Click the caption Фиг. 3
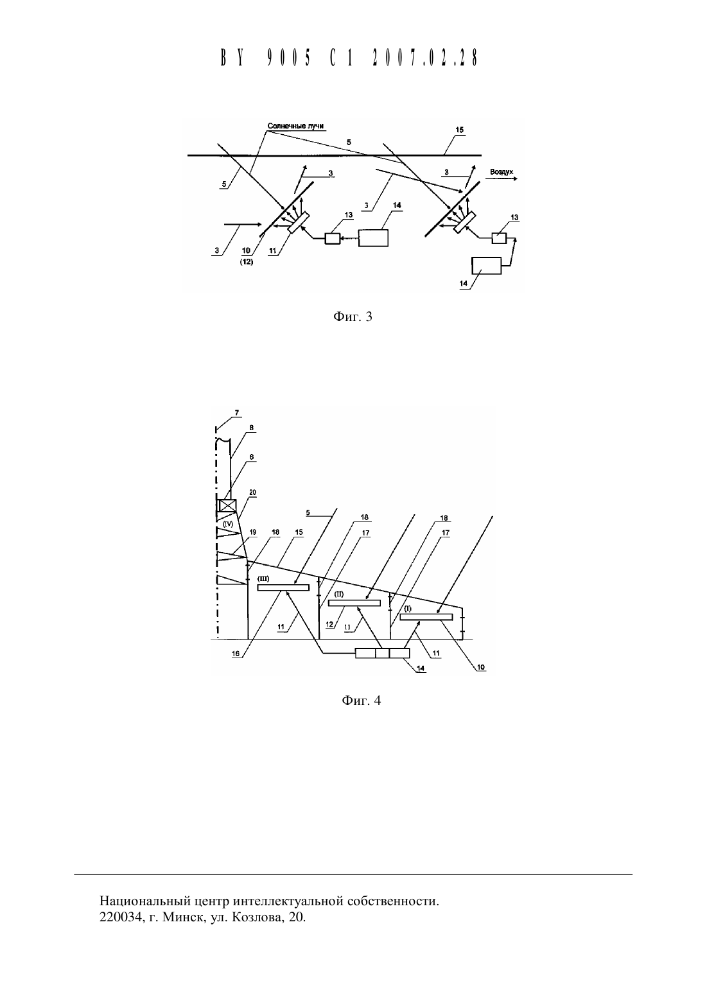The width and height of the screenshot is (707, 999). tap(353, 317)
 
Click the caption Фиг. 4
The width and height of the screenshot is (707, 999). tap(362, 700)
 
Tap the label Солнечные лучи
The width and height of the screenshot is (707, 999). tap(295, 126)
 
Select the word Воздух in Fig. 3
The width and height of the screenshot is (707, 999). tap(502, 171)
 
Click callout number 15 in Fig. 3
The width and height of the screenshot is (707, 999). tap(459, 130)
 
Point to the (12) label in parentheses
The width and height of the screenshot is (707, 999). tap(246, 262)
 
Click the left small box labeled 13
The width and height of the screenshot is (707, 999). tap(333, 239)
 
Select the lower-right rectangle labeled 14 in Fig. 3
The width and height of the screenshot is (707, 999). tap(486, 265)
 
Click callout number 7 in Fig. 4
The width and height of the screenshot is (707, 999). tap(237, 413)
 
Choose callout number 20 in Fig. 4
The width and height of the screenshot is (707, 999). tap(252, 493)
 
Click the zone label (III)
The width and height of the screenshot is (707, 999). tap(263, 578)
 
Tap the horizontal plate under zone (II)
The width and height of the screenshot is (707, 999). tap(354, 603)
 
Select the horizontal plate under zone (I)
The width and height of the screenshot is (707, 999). tap(426, 617)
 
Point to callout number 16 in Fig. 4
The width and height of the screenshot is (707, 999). tap(236, 654)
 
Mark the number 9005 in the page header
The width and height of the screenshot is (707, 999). tap(289, 58)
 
